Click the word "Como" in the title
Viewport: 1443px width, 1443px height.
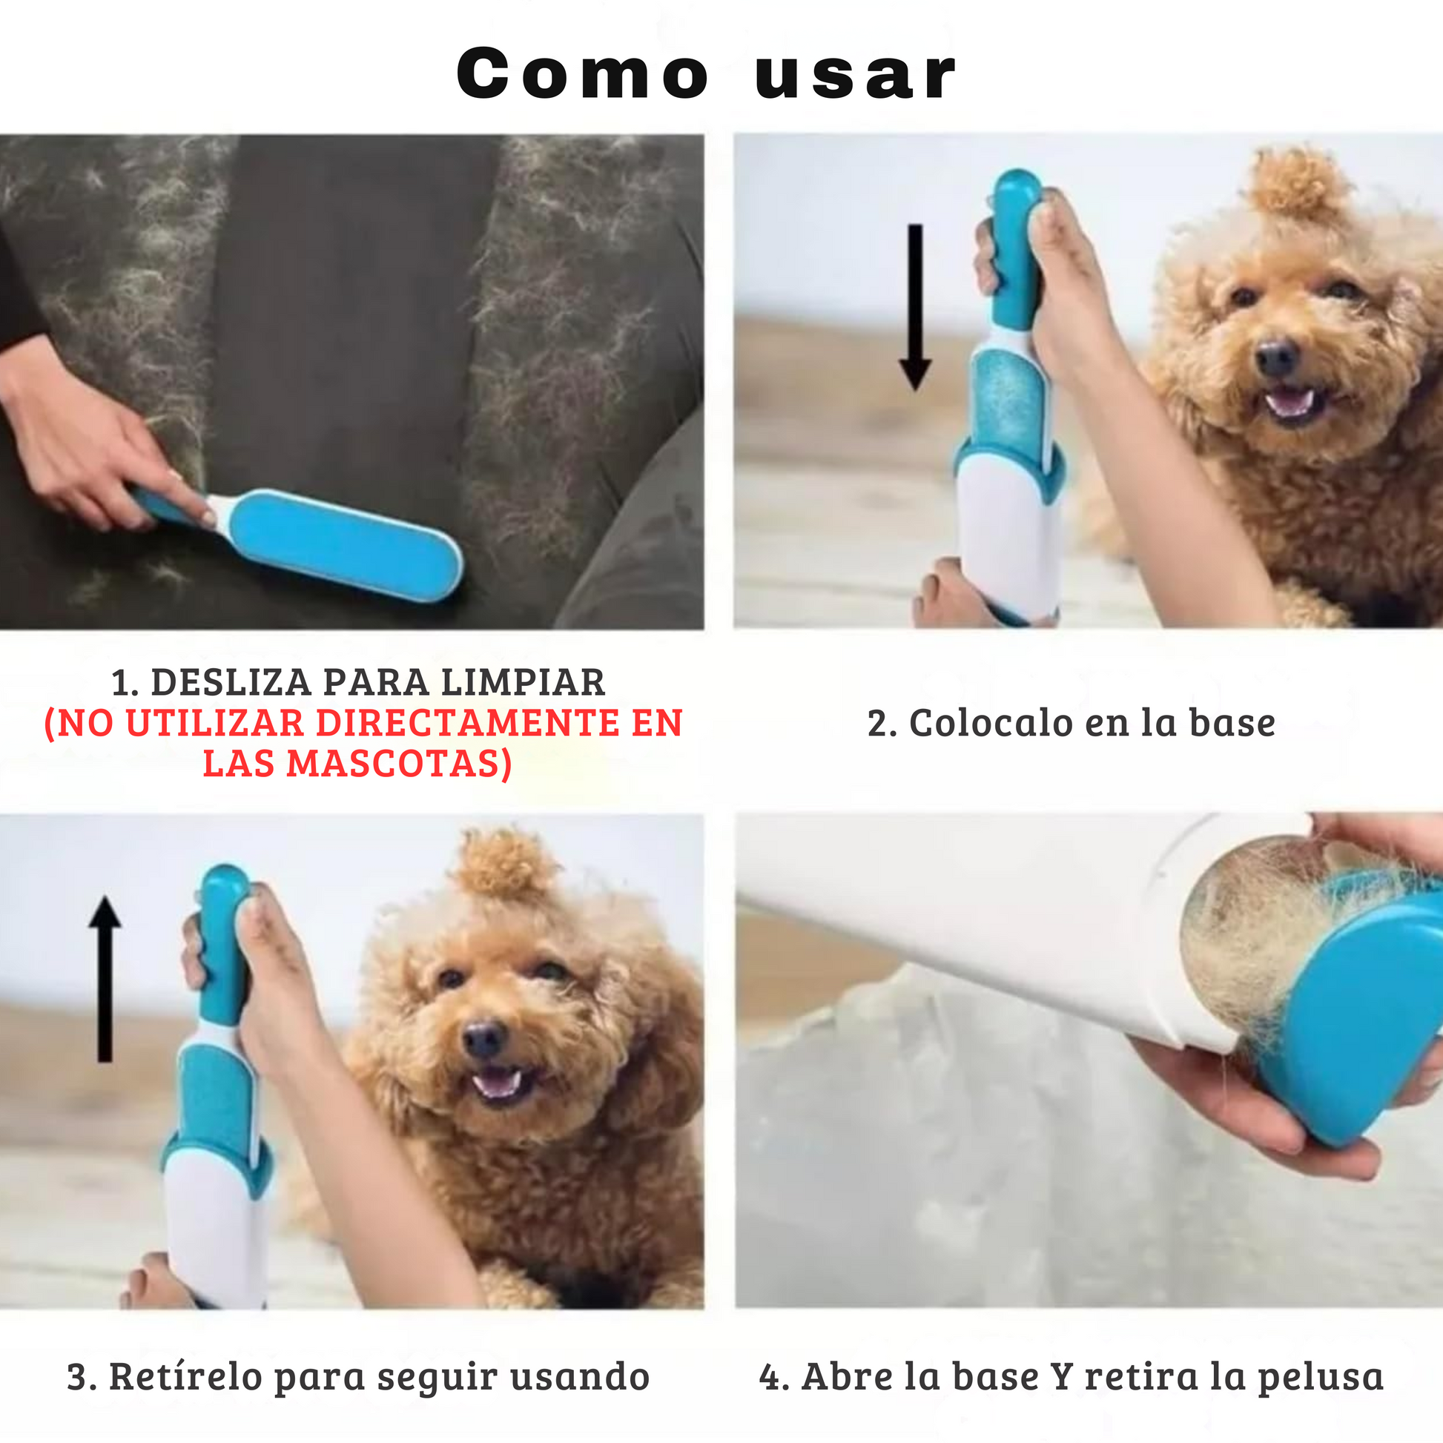583,73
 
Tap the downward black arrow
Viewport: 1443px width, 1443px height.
915,307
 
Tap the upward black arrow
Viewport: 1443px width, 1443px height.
105,978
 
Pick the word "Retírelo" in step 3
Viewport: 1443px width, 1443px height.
186,1376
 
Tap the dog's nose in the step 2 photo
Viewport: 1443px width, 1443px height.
1275,357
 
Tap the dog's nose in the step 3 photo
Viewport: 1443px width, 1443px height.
484,1037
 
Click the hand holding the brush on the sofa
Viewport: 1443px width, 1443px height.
82,440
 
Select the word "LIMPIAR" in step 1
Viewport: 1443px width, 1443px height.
523,683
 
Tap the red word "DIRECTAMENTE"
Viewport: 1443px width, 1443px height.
468,723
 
